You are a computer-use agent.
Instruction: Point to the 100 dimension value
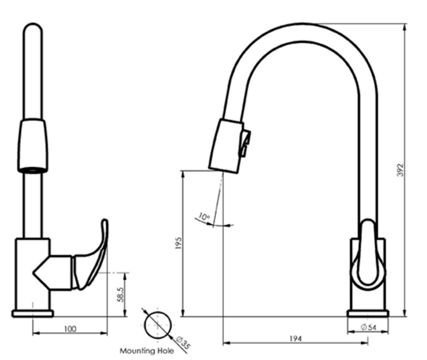click(69, 329)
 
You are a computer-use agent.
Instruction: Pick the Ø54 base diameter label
click(369, 327)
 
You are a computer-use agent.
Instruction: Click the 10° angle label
click(203, 217)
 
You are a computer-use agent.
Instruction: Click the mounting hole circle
click(159, 323)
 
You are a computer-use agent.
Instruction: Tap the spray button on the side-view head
click(246, 142)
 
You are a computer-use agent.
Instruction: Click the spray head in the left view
click(33, 145)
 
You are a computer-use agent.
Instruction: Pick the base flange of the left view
click(33, 313)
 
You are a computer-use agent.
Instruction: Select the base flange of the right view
click(368, 313)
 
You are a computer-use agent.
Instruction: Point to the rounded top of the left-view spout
click(33, 29)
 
